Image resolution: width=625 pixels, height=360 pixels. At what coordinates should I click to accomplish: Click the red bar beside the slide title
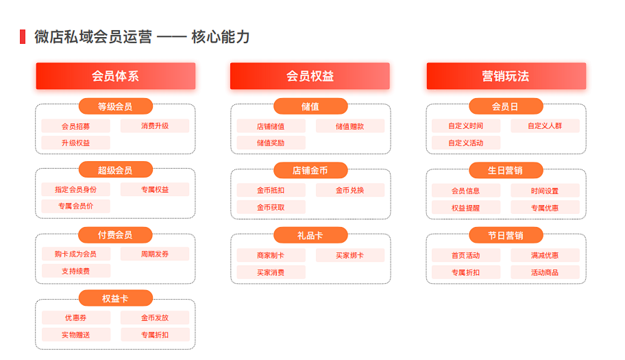pyautogui.click(x=23, y=37)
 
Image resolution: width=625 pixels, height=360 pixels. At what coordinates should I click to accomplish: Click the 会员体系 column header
pyautogui.click(x=116, y=76)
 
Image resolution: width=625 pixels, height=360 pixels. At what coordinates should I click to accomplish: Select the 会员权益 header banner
pyautogui.click(x=310, y=76)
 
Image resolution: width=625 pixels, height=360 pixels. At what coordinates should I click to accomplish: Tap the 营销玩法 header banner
pyautogui.click(x=506, y=76)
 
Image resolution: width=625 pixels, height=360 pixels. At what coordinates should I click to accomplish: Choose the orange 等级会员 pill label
pyautogui.click(x=115, y=106)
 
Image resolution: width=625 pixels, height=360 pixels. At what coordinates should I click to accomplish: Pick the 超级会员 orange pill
pyautogui.click(x=115, y=170)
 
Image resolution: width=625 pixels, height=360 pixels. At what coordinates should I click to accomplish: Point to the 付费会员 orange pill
pyautogui.click(x=115, y=235)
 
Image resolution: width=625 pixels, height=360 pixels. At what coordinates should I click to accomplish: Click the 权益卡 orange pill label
pyautogui.click(x=115, y=299)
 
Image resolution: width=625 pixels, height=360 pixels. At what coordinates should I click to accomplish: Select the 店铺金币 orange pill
pyautogui.click(x=310, y=170)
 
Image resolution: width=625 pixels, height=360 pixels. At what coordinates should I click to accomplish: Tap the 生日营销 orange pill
pyautogui.click(x=506, y=170)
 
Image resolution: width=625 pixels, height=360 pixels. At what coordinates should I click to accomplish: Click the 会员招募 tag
pyautogui.click(x=75, y=126)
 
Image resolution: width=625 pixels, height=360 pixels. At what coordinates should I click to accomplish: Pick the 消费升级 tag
pyautogui.click(x=155, y=126)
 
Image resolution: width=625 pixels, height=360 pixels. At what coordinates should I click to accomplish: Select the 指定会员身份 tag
pyautogui.click(x=75, y=190)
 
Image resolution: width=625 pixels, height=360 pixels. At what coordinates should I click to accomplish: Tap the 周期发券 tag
pyautogui.click(x=155, y=254)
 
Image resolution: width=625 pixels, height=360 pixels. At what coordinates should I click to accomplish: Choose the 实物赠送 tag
pyautogui.click(x=75, y=335)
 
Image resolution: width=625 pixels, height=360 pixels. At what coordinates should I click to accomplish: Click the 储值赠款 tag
pyautogui.click(x=350, y=126)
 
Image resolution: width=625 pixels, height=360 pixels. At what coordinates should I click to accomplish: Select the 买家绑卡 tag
pyautogui.click(x=350, y=256)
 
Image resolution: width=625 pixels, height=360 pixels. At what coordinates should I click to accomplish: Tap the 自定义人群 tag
pyautogui.click(x=545, y=126)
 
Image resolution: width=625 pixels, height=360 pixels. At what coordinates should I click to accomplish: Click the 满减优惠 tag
pyautogui.click(x=545, y=256)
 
